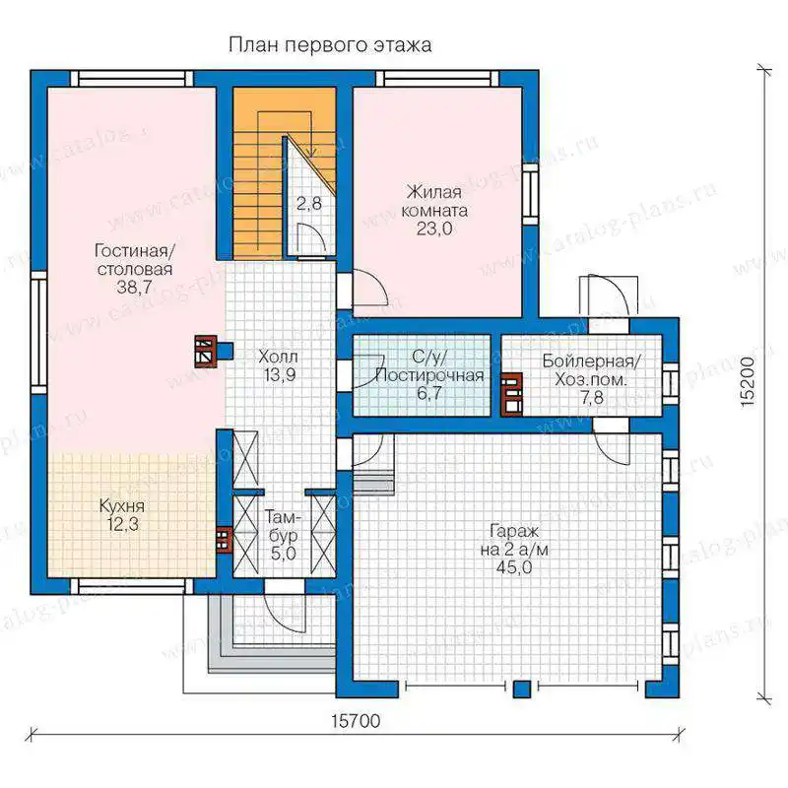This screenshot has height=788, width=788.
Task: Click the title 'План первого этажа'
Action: click(x=330, y=45)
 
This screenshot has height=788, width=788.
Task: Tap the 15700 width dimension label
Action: click(x=356, y=721)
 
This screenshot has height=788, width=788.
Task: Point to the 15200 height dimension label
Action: click(x=748, y=381)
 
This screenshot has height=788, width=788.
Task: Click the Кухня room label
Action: click(x=122, y=505)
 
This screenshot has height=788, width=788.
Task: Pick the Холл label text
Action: click(x=278, y=357)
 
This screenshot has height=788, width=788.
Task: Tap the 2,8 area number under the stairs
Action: click(x=309, y=204)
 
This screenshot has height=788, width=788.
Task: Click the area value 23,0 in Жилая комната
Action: click(x=434, y=229)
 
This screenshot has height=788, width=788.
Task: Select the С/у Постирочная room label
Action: click(x=429, y=365)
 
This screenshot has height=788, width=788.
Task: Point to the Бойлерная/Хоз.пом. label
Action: click(x=592, y=370)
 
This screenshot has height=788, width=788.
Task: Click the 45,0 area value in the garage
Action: click(x=513, y=567)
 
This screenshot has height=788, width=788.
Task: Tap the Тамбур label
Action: click(x=284, y=526)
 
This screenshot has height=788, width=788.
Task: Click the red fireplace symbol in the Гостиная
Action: click(x=206, y=352)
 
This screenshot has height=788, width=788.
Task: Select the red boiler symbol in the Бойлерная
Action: click(x=511, y=395)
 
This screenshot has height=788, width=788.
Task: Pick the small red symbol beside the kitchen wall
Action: click(x=225, y=540)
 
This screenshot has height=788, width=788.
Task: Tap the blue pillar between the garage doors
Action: click(x=522, y=689)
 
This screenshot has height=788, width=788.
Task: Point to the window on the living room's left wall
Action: click(x=38, y=333)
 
